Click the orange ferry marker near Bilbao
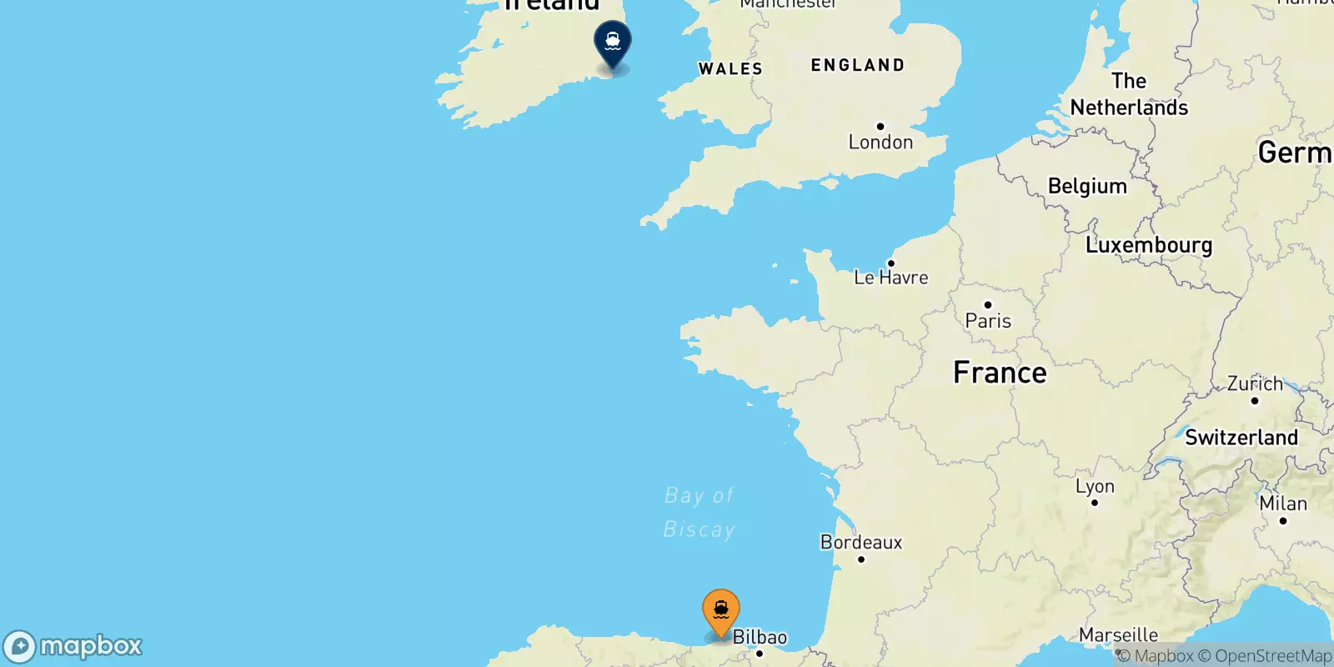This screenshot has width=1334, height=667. [721, 611]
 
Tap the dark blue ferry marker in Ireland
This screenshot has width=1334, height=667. [613, 42]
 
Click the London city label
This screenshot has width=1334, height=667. [880, 142]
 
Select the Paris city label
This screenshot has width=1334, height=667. [988, 320]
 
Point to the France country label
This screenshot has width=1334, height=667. [1000, 373]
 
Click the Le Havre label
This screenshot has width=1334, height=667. [890, 277]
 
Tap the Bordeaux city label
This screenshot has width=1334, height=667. [861, 543]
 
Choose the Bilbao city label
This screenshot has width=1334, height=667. [760, 638]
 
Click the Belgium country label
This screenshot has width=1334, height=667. [1087, 186]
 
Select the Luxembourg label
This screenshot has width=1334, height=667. [1149, 245]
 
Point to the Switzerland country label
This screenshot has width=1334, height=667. [1241, 438]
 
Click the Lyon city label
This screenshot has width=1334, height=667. [1095, 486]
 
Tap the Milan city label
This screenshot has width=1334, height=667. [1283, 504]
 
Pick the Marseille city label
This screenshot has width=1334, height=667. [1118, 635]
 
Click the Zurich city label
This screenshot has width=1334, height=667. [1255, 384]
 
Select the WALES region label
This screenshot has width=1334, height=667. [730, 69]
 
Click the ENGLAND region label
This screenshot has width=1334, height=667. [857, 65]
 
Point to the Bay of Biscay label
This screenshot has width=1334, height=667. [700, 512]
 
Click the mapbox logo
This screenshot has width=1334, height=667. [73, 646]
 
